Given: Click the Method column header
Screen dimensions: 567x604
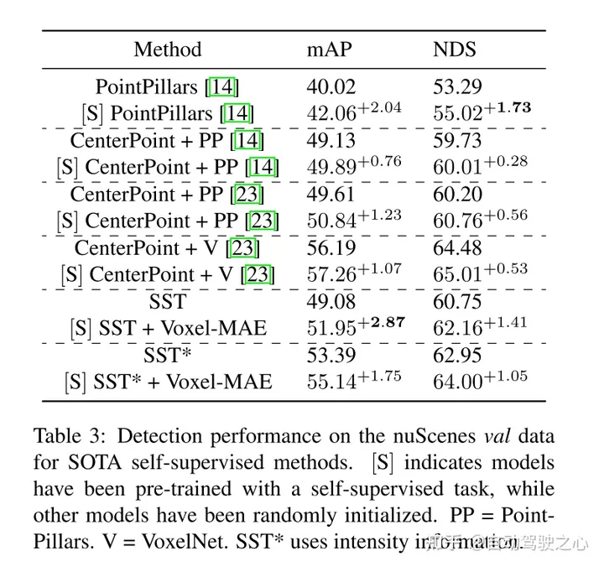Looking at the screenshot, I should pyautogui.click(x=168, y=49).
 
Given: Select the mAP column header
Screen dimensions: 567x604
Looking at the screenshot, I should pyautogui.click(x=329, y=49).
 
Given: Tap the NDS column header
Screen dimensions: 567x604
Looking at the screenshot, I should pyautogui.click(x=455, y=49).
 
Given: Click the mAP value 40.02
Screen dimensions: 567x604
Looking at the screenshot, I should pyautogui.click(x=331, y=86).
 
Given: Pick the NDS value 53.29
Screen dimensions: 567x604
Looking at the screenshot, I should pyautogui.click(x=458, y=86).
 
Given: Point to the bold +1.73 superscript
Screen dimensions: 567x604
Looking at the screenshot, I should pyautogui.click(x=509, y=108).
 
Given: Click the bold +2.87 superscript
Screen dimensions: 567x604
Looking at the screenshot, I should pyautogui.click(x=382, y=322).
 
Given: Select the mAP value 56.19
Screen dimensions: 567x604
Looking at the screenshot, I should pyautogui.click(x=331, y=248).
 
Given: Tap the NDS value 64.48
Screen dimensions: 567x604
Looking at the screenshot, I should pyautogui.click(x=458, y=248).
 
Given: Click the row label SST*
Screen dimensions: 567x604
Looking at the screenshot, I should pyautogui.click(x=168, y=356).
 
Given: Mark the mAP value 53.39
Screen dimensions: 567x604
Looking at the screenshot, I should pyautogui.click(x=331, y=356).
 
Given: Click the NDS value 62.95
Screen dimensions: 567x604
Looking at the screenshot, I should pyautogui.click(x=458, y=356).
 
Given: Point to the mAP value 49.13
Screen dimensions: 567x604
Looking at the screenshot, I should pyautogui.click(x=331, y=140).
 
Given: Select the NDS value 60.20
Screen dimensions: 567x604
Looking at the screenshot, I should pyautogui.click(x=458, y=195).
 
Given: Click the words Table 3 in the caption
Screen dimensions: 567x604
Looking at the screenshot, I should pyautogui.click(x=68, y=437).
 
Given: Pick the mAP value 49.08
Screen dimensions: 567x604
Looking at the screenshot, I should pyautogui.click(x=331, y=301).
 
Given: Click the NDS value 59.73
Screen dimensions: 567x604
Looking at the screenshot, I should pyautogui.click(x=458, y=140).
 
